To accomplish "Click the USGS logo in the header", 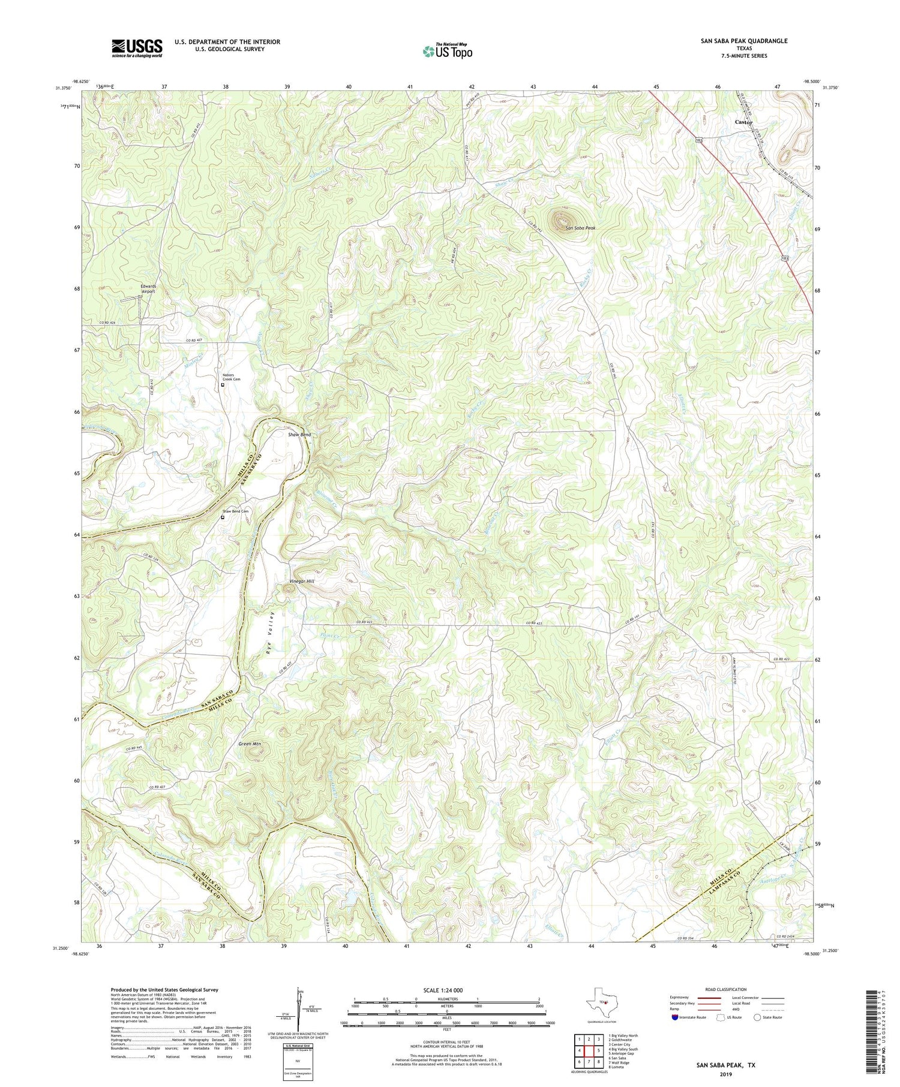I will [137, 48].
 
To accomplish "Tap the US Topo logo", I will [447, 52].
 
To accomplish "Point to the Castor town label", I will [743, 122].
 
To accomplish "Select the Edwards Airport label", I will [148, 289].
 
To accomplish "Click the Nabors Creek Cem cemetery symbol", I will [222, 386].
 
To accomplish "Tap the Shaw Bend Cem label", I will [236, 511].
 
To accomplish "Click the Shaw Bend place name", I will [299, 434].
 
